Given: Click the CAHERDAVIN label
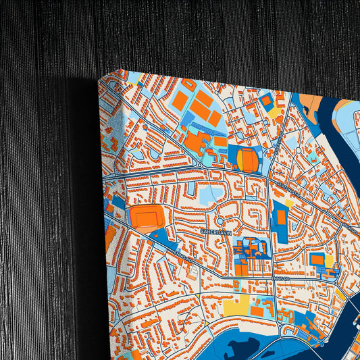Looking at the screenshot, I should [216, 232].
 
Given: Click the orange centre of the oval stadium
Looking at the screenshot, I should [249, 160].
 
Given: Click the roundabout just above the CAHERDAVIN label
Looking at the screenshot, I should [220, 221].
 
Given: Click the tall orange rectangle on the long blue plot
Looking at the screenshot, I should [280, 216].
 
